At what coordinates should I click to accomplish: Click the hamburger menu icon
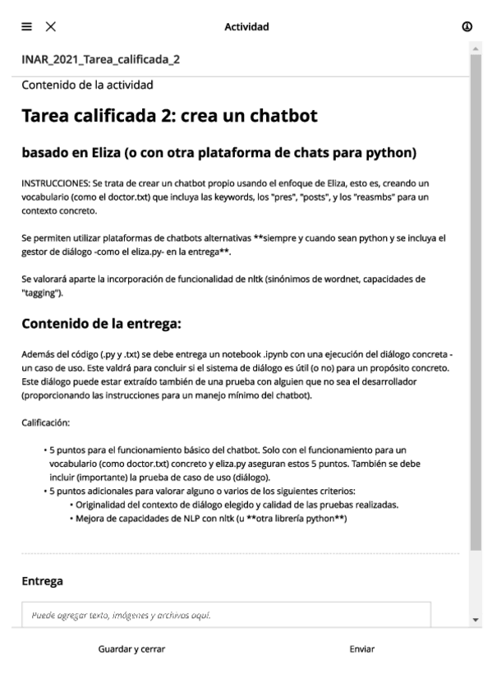pos(27,27)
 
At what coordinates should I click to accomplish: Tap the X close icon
pos(51,27)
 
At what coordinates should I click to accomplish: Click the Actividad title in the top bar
pos(246,27)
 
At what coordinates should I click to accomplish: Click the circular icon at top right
pos(467,27)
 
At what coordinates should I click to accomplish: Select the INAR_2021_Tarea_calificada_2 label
pos(101,60)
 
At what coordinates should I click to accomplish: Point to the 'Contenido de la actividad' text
pos(87,84)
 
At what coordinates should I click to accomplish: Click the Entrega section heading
pos(42,581)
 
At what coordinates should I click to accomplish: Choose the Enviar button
pos(361,649)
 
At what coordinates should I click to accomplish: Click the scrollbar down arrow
pos(475,619)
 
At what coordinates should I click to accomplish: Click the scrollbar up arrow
pos(475,49)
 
